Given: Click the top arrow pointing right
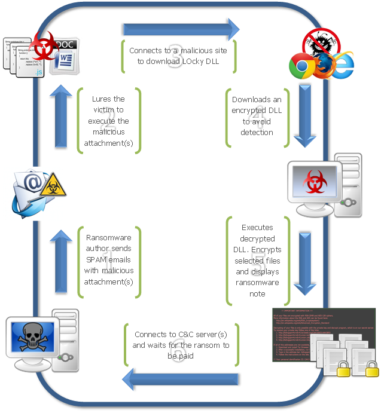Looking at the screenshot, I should (x=180, y=28).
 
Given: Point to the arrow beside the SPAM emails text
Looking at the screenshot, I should (x=60, y=264).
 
